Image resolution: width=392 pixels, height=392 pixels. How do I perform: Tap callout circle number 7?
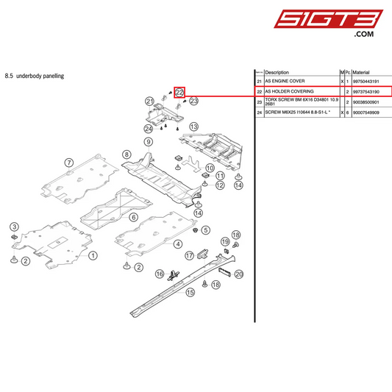68,163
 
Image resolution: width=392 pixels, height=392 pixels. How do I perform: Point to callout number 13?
194,127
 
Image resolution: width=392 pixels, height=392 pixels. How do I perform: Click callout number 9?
148,142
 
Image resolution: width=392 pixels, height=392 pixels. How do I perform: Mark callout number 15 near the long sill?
190,292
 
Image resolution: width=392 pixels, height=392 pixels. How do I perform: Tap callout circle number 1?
93,256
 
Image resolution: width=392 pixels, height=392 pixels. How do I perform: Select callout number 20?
239,274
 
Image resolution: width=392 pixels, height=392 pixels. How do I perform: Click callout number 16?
160,274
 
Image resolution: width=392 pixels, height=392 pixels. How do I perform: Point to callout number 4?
178,243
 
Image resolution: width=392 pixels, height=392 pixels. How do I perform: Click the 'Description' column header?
277,73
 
